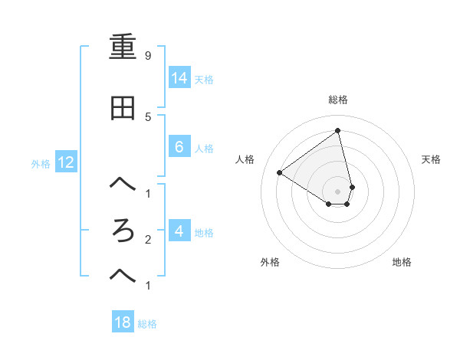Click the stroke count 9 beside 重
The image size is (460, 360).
pyautogui.click(x=147, y=55)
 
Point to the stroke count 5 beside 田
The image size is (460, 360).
pyautogui.click(x=147, y=116)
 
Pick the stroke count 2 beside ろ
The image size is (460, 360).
pyautogui.click(x=147, y=239)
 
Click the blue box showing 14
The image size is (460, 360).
pyautogui.click(x=179, y=77)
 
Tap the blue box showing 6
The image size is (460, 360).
pyautogui.click(x=179, y=147)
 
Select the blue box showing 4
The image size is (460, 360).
pyautogui.click(x=179, y=231)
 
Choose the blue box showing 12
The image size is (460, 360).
pyautogui.click(x=65, y=162)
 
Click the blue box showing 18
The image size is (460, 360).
pyautogui.click(x=123, y=322)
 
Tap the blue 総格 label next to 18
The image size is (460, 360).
pyautogui.click(x=148, y=324)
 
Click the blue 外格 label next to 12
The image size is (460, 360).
pyautogui.click(x=41, y=163)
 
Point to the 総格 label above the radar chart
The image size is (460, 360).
pyautogui.click(x=338, y=100)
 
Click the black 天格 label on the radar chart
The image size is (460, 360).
pyautogui.click(x=432, y=159)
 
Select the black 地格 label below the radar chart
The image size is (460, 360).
pyautogui.click(x=402, y=262)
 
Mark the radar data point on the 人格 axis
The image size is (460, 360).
pyautogui.click(x=279, y=172)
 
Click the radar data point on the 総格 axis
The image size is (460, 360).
pyautogui.click(x=338, y=130)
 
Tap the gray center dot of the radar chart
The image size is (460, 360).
pyautogui.click(x=338, y=191)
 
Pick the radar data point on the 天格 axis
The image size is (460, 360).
pyautogui.click(x=352, y=186)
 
